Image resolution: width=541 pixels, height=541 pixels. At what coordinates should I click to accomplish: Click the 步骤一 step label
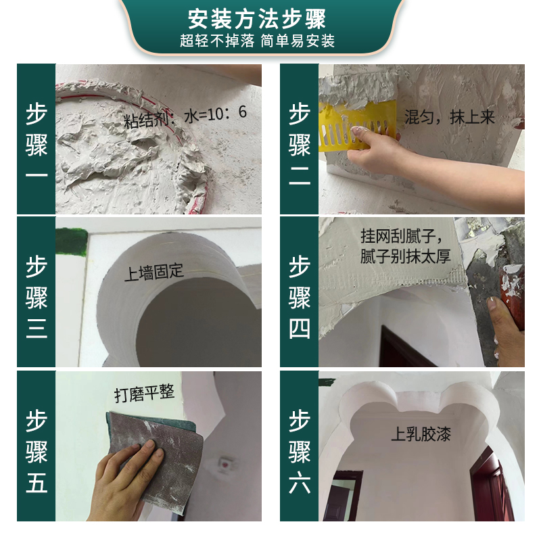[x=37, y=140]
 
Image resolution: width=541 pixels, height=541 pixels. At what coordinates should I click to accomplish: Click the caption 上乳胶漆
[x=421, y=433]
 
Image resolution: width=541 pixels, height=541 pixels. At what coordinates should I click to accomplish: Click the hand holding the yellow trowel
[x=379, y=149]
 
